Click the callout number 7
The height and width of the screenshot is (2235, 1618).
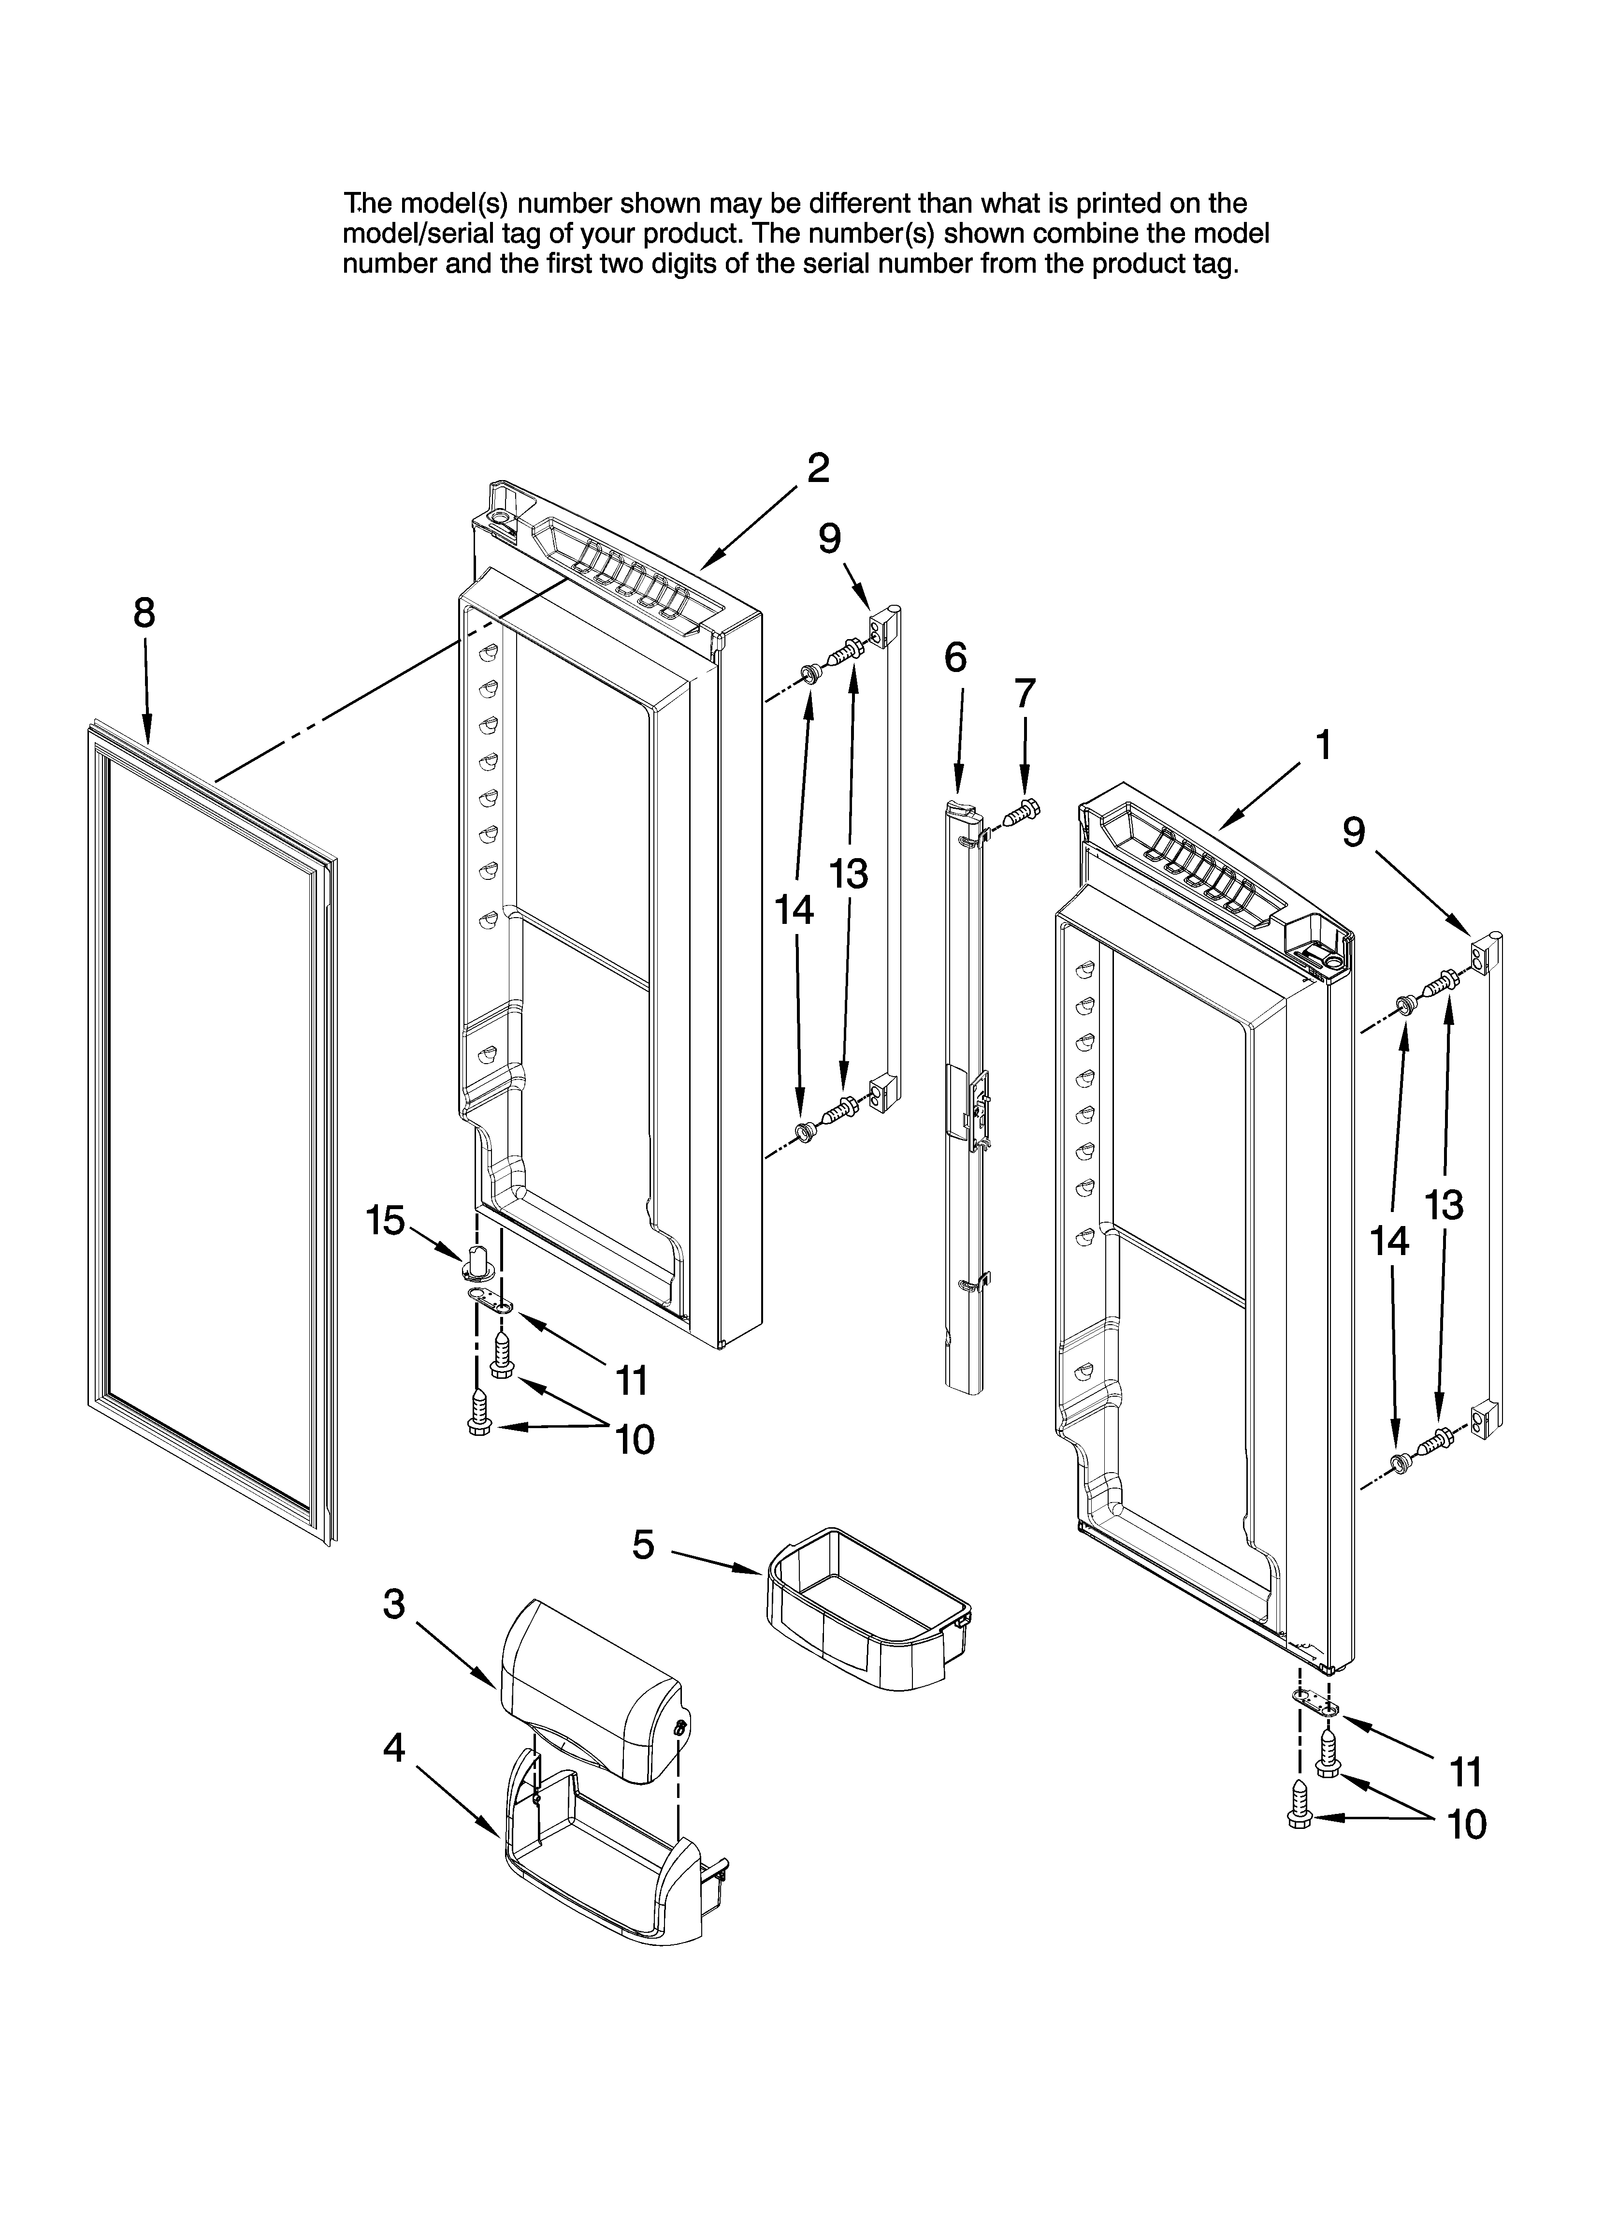(1025, 694)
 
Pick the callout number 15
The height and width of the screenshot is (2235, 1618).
(385, 1221)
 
